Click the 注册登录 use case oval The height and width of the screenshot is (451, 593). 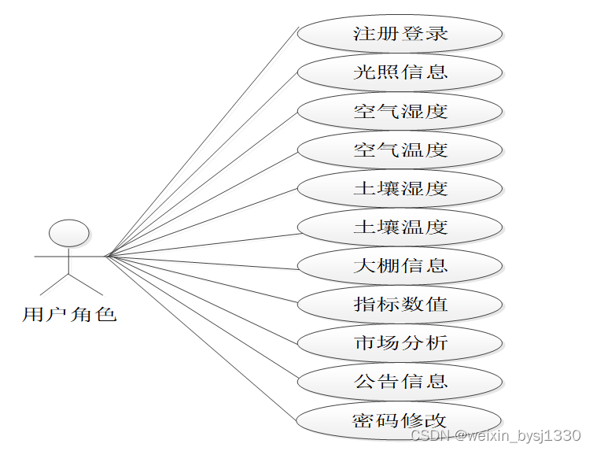pos(400,34)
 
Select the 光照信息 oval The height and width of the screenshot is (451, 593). pos(400,72)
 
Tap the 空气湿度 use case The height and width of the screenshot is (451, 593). pos(400,111)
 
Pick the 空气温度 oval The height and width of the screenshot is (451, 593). pos(400,150)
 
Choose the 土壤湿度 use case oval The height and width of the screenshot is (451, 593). pos(400,189)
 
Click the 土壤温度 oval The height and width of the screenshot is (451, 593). pos(400,227)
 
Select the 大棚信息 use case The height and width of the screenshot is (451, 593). pos(400,265)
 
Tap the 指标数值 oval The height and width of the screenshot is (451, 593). pos(400,304)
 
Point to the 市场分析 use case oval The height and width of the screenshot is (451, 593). pos(400,342)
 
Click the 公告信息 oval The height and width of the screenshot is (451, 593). pos(400,381)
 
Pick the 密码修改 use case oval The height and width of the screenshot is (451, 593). pos(400,420)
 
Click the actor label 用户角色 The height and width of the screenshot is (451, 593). pos(69,315)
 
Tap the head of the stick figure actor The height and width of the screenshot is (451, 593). pos(69,234)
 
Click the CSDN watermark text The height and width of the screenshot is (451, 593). pos(495,435)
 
